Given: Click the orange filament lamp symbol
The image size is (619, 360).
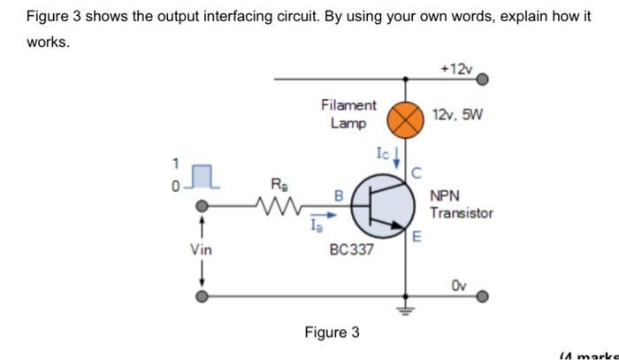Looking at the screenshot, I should [406, 120].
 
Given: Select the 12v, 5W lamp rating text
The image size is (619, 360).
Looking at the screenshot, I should [457, 115].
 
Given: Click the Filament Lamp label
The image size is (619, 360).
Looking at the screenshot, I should [348, 114].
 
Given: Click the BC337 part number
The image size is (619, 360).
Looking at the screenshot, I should [351, 249].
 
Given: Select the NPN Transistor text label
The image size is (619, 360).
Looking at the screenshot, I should [462, 205].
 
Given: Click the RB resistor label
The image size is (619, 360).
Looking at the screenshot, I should [278, 185].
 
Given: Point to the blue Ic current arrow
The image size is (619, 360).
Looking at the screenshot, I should [397, 158].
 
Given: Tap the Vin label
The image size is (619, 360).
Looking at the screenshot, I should [201, 249].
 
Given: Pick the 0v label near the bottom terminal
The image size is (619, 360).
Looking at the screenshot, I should [457, 286].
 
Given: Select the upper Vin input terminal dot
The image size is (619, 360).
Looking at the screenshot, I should [203, 207].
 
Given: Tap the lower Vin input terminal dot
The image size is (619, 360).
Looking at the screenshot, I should [203, 296].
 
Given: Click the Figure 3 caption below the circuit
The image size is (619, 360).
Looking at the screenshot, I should [332, 333].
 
